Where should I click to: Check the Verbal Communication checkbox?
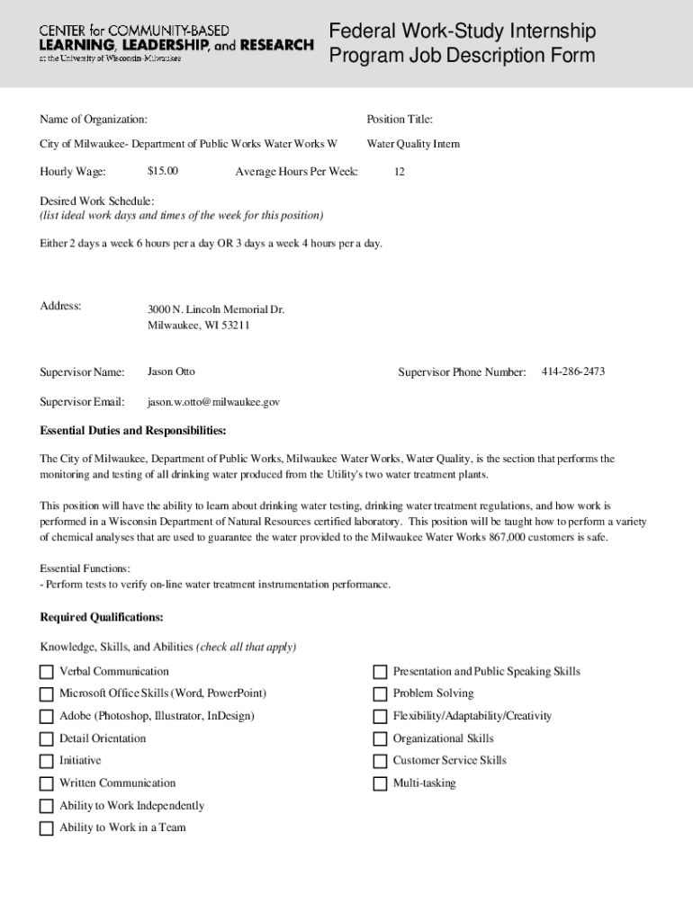point(46,672)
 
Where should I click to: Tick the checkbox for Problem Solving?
point(380,694)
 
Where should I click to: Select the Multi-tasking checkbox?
point(380,784)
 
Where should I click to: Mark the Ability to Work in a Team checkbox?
point(46,828)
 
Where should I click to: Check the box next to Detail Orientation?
point(46,739)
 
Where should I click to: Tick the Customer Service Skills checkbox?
point(380,761)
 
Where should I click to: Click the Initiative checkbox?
point(46,761)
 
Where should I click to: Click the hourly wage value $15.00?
point(163,171)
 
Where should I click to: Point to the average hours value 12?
point(399,172)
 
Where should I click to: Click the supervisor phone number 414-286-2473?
point(573,371)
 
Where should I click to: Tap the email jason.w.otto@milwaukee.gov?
point(213,402)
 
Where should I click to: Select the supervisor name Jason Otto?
point(171,371)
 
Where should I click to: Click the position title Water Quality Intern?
point(413,144)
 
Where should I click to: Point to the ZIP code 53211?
point(233,326)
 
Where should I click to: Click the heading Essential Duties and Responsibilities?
point(133,430)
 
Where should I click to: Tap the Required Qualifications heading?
point(102,617)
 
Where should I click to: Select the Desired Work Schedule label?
point(97,201)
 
